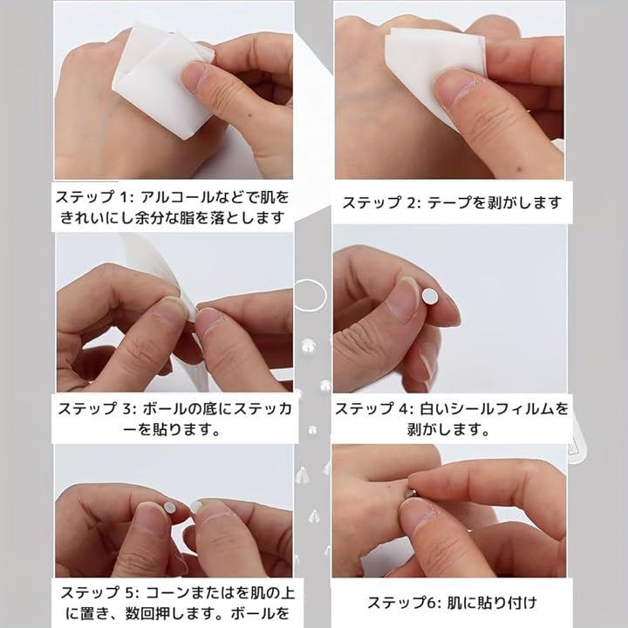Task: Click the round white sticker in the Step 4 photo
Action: coord(430,297)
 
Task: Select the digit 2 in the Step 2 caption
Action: coord(412,202)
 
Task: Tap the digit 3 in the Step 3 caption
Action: coord(126,409)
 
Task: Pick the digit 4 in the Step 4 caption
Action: coord(404,409)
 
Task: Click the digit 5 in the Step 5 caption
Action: coord(129,593)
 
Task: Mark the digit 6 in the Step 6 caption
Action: coord(432,603)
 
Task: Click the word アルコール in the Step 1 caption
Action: coord(177,197)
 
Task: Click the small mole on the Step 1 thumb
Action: coord(250,116)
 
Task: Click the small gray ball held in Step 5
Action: coord(169,508)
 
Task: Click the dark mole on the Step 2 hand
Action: coord(520,169)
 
